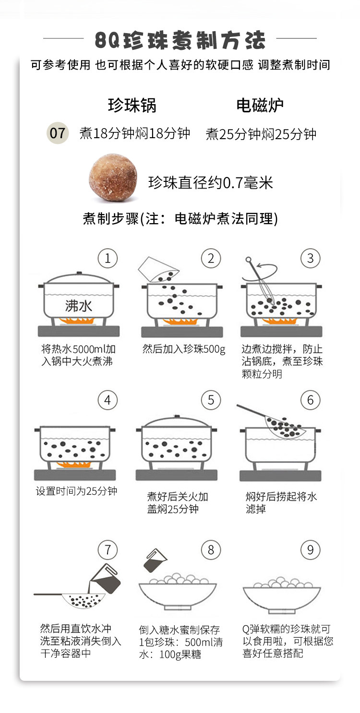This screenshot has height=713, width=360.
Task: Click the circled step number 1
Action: (x=108, y=258)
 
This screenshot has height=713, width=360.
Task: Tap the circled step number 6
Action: (x=311, y=400)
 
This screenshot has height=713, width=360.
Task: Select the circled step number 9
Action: (x=311, y=549)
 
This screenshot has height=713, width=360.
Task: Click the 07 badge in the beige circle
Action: (x=58, y=133)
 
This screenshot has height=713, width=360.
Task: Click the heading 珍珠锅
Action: (x=132, y=105)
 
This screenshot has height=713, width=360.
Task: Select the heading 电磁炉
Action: (x=260, y=105)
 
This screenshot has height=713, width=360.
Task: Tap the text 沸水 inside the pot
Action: (x=79, y=306)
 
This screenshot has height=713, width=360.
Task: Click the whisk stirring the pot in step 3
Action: (x=259, y=280)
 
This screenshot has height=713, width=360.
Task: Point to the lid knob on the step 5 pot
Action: (x=177, y=416)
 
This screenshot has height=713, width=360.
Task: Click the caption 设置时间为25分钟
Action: (x=76, y=491)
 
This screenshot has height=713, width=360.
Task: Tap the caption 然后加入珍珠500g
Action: (x=184, y=349)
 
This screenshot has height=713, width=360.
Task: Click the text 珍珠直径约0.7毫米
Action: (x=210, y=183)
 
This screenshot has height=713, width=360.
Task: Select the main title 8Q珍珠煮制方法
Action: (x=180, y=40)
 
